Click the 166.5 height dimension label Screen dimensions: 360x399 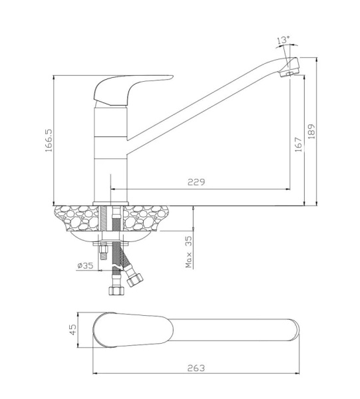[49, 140]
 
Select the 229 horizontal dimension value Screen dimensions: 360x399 [196, 182]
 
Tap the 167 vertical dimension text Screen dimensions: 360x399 [298, 144]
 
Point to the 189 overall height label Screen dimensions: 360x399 [311, 131]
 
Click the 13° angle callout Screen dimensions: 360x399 [283, 40]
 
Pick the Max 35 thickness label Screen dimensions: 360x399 [189, 251]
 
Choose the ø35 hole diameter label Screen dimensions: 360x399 [85, 265]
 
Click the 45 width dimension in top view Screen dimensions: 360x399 [73, 330]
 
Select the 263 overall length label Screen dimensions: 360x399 [196, 368]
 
